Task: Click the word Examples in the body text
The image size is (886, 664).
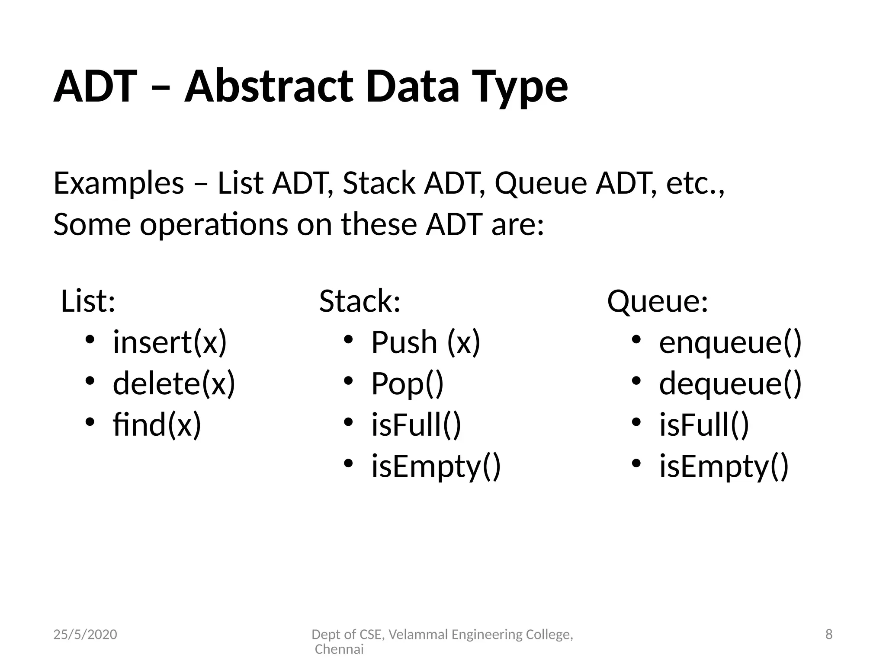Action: pyautogui.click(x=119, y=183)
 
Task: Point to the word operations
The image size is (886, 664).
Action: pyautogui.click(x=214, y=225)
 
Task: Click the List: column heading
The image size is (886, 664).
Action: pyautogui.click(x=88, y=301)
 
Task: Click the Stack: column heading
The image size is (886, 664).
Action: pyautogui.click(x=360, y=301)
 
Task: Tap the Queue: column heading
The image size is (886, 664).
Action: pyautogui.click(x=658, y=302)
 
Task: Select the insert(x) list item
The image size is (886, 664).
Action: pyautogui.click(x=170, y=342)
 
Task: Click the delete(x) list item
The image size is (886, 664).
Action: pyautogui.click(x=174, y=383)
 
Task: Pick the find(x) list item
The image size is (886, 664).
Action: pyautogui.click(x=157, y=425)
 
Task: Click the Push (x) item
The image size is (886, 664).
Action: pyautogui.click(x=426, y=342)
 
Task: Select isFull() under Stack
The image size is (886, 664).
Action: pyautogui.click(x=416, y=425)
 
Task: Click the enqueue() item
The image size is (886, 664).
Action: pyautogui.click(x=730, y=342)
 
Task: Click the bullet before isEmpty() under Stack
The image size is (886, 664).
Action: pyautogui.click(x=349, y=463)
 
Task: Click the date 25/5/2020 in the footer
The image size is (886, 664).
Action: pyautogui.click(x=85, y=634)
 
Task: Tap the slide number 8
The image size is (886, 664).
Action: pyautogui.click(x=829, y=634)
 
